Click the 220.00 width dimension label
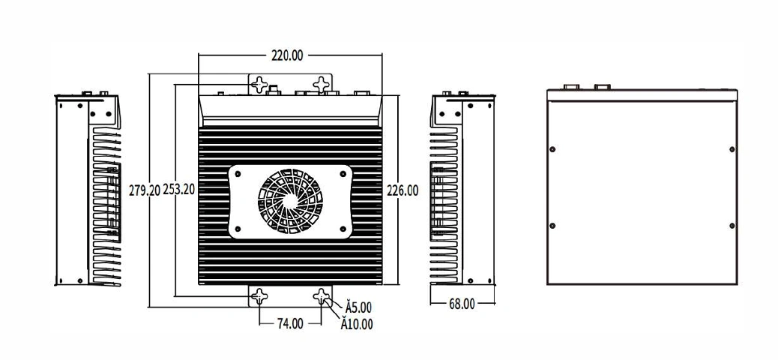pyautogui.click(x=287, y=55)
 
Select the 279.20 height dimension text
pyautogui.click(x=145, y=190)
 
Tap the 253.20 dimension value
pyautogui.click(x=178, y=190)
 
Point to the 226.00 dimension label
pyautogui.click(x=402, y=190)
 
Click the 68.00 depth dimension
pyautogui.click(x=462, y=304)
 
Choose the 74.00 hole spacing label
pyautogui.click(x=290, y=324)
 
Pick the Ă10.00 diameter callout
pyautogui.click(x=357, y=325)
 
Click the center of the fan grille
pyautogui.click(x=290, y=201)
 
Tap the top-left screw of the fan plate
pyautogui.click(x=238, y=174)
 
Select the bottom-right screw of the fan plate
pyautogui.click(x=343, y=229)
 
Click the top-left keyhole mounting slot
pyautogui.click(x=259, y=85)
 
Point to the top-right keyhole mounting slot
pyautogui.click(x=322, y=85)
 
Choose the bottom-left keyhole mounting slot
pyautogui.click(x=259, y=297)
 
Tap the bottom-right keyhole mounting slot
pyautogui.click(x=322, y=297)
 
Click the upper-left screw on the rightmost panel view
pyautogui.click(x=552, y=149)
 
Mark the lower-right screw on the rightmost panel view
pyautogui.click(x=732, y=226)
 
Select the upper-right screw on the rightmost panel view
pyautogui.click(x=732, y=149)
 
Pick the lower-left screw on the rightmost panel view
pyautogui.click(x=552, y=226)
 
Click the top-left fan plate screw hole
pyautogui.click(x=238, y=174)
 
